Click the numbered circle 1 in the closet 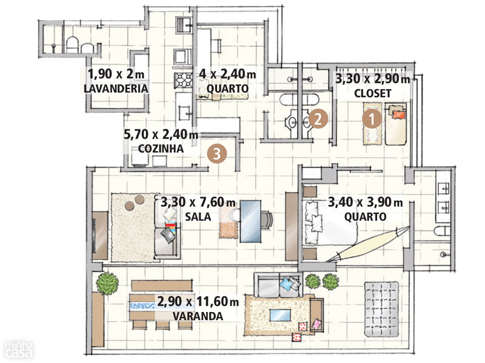(372, 119)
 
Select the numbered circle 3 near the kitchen (217, 154)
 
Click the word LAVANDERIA (116, 89)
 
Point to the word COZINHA (161, 149)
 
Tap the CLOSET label (372, 93)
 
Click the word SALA (198, 217)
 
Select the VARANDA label (198, 316)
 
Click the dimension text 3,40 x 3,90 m (366, 202)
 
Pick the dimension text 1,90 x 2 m (116, 74)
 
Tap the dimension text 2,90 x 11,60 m (198, 301)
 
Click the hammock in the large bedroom (368, 244)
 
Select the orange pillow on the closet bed (398, 115)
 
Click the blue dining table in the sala (250, 221)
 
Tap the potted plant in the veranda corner (107, 283)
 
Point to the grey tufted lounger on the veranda (381, 309)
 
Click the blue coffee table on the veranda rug (280, 315)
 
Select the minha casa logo (19, 349)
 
